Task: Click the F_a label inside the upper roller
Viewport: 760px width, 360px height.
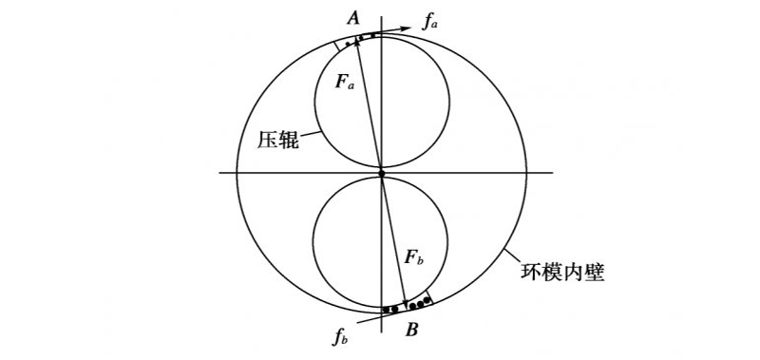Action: pos(346,82)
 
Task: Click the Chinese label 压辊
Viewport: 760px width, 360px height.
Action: pos(277,139)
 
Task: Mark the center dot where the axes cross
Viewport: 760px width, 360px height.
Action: pos(381,173)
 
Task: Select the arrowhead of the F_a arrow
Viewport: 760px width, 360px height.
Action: pos(357,42)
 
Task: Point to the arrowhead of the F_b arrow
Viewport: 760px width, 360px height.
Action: pos(407,304)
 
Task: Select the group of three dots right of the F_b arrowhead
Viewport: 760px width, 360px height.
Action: pos(420,304)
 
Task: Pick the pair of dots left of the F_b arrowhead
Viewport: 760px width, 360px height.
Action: pos(390,309)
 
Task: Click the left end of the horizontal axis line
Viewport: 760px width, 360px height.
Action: pos(220,172)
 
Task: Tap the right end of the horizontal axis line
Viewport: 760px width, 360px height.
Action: pos(553,172)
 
